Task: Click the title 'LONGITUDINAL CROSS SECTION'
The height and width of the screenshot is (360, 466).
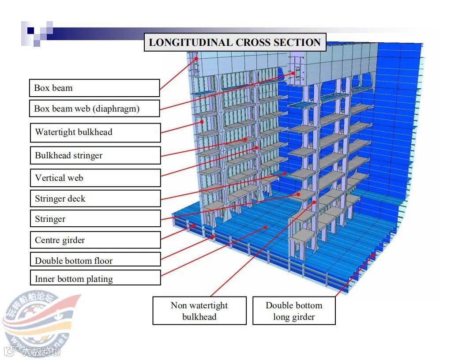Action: (235, 42)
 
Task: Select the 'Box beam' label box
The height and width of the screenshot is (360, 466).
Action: (94, 88)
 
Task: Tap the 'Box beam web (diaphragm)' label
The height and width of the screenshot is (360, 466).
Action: (94, 109)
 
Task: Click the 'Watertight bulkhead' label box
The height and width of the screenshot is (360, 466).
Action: (95, 132)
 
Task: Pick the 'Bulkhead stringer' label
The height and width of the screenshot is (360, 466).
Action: (95, 155)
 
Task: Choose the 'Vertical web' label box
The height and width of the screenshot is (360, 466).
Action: (95, 178)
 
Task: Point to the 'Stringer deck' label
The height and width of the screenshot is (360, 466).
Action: (95, 199)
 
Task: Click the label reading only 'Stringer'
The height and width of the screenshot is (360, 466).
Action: (95, 219)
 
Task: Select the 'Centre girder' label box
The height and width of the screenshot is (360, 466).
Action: (95, 240)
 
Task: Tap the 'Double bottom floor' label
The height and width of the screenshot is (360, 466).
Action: (95, 260)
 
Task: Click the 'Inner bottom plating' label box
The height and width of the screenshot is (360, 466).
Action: (95, 279)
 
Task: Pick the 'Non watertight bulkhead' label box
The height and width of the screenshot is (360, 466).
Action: (199, 311)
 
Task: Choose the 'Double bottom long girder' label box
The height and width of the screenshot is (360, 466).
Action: (294, 311)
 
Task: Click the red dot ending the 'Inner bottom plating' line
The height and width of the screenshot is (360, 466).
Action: (266, 227)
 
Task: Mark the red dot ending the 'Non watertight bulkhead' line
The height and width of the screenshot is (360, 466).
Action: (314, 202)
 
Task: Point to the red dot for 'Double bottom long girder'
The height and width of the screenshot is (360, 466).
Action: (373, 255)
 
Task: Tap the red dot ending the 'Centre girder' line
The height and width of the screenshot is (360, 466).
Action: (194, 226)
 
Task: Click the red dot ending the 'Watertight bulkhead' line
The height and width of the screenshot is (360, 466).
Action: (202, 122)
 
